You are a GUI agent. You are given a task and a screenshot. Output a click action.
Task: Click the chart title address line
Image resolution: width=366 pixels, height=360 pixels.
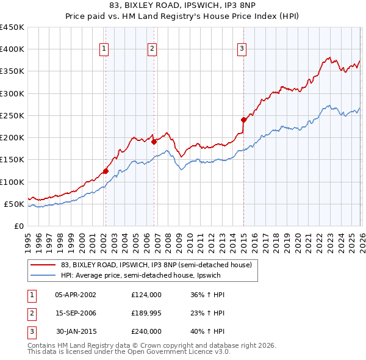coord(183,7)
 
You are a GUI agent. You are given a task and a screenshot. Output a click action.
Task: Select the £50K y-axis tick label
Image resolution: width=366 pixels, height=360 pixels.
coord(13,204)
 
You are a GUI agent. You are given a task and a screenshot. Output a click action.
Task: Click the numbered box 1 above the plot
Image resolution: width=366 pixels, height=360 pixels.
coord(104,49)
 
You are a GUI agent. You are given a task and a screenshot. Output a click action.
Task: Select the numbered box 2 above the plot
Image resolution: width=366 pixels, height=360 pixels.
coord(152,49)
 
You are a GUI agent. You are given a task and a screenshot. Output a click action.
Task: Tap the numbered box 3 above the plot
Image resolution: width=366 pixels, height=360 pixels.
coord(242,49)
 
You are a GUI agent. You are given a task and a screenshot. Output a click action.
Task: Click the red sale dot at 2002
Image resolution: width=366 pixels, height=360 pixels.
coord(106,171)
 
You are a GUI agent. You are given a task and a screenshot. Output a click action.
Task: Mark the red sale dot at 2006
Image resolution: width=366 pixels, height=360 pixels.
coord(154,142)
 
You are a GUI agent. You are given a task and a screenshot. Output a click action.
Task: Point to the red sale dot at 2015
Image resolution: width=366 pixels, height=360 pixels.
coord(243,120)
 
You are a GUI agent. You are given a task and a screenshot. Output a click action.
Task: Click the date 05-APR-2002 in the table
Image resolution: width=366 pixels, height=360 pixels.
coord(76,294)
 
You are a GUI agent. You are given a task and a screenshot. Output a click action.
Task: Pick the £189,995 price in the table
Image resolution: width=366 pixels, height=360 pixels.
coord(146,313)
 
